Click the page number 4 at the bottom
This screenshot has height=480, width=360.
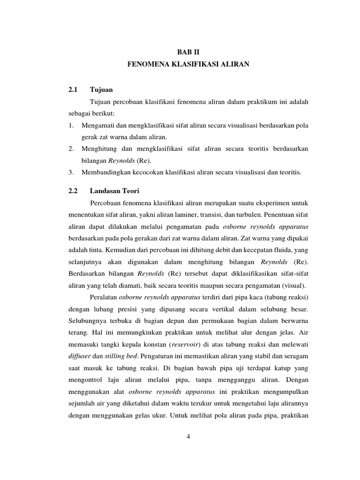click(188, 436)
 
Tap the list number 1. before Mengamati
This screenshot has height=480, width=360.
click(71, 126)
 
